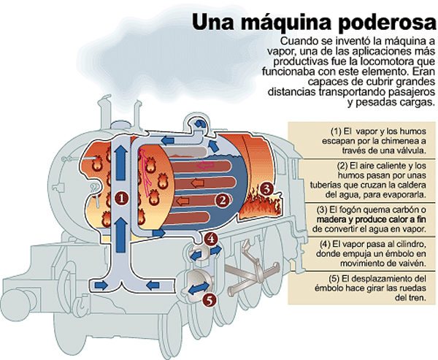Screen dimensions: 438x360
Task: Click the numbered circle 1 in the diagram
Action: point(121,199)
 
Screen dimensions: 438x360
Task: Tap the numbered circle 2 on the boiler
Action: point(223,200)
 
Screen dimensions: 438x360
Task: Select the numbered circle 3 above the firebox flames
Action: point(267,189)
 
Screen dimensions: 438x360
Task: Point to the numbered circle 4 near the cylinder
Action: point(211,239)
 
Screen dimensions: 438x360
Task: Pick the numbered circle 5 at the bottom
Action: point(210,299)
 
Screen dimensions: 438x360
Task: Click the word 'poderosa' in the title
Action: point(387,22)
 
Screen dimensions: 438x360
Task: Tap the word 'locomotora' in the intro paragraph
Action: point(387,61)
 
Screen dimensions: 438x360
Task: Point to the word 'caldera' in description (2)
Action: point(410,185)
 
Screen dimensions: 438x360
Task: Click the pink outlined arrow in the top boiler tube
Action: point(205,165)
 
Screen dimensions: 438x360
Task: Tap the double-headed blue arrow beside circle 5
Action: point(199,288)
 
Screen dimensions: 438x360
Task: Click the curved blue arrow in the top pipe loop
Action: point(200,123)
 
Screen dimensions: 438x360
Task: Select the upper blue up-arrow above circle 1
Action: point(120,163)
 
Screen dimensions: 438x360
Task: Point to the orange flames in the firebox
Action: point(258,205)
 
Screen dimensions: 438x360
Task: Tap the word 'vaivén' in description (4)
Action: point(412,264)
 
